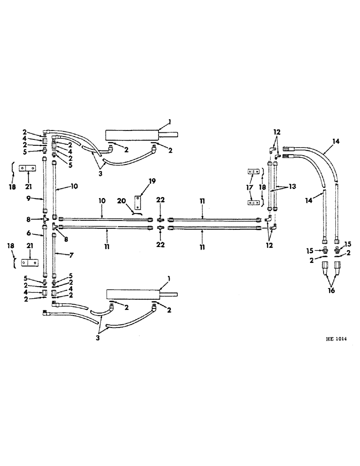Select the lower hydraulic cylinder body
132,295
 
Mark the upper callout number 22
160,199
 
